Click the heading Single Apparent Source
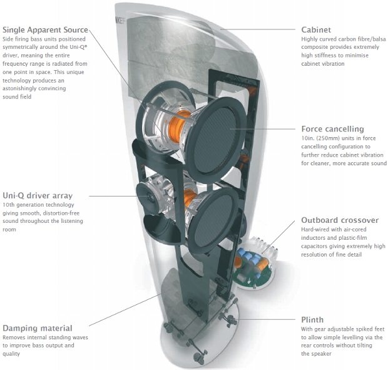pos(45,29)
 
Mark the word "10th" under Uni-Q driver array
pos(11,205)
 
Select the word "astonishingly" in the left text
pos(23,88)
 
